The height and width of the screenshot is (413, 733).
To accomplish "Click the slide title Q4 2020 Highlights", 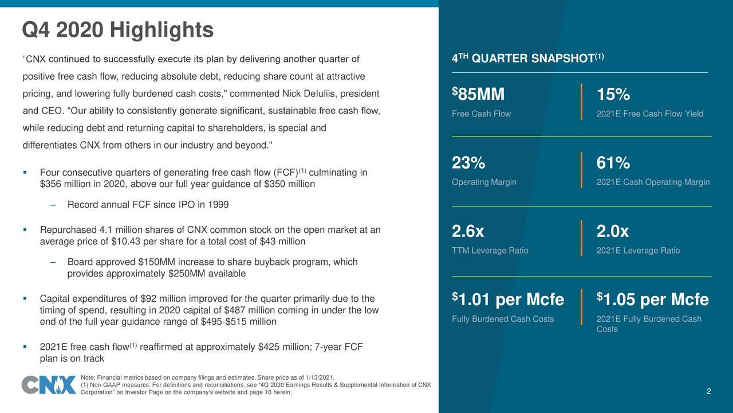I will click(117, 30).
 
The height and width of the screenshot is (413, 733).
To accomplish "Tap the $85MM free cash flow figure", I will click(478, 95).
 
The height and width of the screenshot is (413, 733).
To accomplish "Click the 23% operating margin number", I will click(468, 163).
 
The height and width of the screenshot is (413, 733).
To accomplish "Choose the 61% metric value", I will click(613, 163).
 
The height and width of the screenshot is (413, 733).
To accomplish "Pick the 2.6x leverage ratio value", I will click(468, 232).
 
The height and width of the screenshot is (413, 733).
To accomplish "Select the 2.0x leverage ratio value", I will click(612, 232).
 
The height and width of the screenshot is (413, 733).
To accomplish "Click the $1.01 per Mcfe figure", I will click(508, 299).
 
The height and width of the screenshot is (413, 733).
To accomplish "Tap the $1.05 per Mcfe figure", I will click(652, 299).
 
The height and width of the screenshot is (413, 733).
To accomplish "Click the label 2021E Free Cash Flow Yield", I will click(649, 114).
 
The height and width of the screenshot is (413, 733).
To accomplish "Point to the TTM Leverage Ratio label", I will click(490, 251).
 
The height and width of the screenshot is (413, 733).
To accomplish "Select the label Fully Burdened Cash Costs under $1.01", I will click(503, 319).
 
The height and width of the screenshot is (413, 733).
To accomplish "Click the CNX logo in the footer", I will click(49, 385).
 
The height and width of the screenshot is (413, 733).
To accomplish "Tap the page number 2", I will click(708, 392).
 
